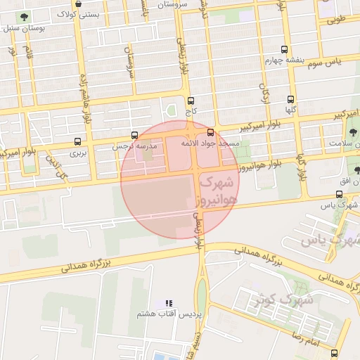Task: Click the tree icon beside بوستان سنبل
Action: pyautogui.click(x=25, y=18)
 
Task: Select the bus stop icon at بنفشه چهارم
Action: pyautogui.click(x=284, y=50)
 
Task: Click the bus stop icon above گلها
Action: pyautogui.click(x=290, y=99)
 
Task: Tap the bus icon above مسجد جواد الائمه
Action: pyautogui.click(x=211, y=132)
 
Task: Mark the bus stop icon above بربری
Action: pyautogui.click(x=77, y=141)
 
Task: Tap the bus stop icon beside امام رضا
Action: pyautogui.click(x=334, y=353)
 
